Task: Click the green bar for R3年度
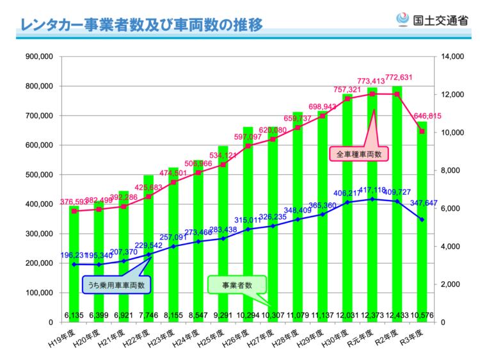click(422, 256)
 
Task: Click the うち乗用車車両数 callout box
click(116, 284)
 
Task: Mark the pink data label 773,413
click(371, 81)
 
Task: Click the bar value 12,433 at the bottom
click(397, 315)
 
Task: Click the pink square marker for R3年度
click(422, 131)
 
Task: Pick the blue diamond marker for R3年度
click(422, 220)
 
